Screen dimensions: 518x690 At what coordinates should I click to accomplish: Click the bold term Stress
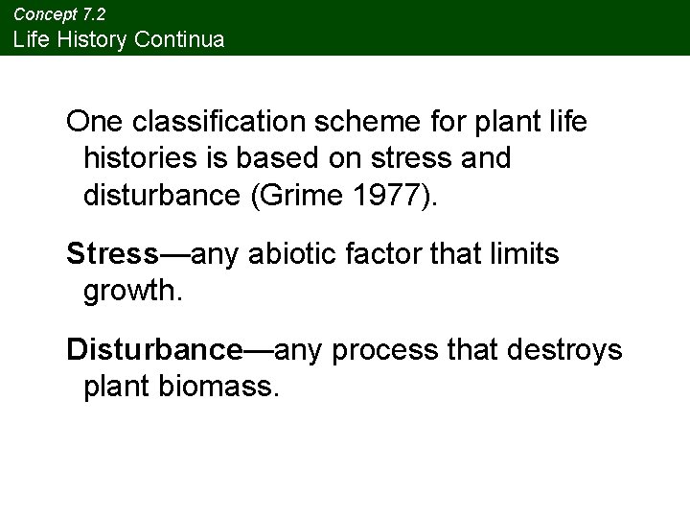click(113, 254)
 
